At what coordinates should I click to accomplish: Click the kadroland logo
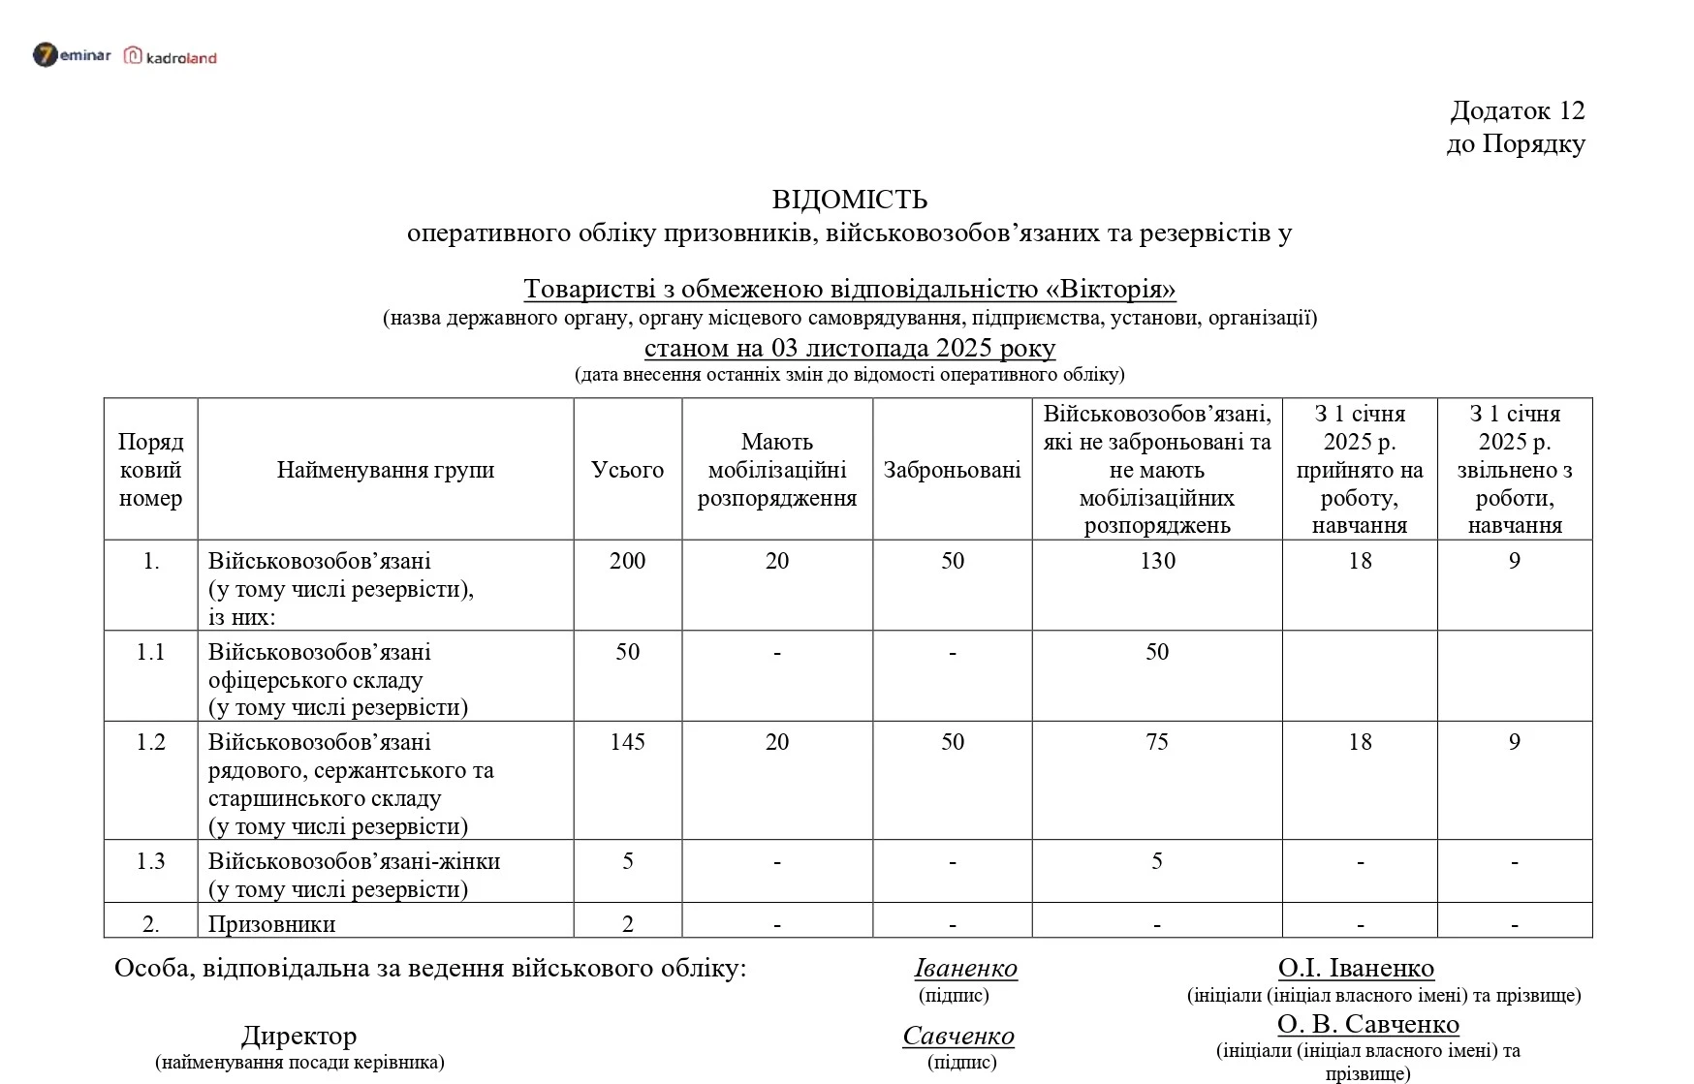(171, 57)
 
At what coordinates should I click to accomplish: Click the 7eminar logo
(72, 55)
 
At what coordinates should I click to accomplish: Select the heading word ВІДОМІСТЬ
(849, 200)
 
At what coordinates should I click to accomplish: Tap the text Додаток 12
(1517, 110)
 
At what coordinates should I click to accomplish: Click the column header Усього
(627, 470)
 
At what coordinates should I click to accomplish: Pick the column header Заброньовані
(952, 470)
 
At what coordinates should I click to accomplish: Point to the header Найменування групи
(385, 470)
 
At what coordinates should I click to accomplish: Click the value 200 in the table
(627, 561)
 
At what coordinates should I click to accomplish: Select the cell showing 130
(1156, 561)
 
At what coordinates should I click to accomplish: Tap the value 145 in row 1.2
(627, 742)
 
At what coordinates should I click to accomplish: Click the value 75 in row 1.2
(1156, 742)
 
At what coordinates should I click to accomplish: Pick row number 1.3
(150, 861)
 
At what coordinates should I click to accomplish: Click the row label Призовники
(271, 923)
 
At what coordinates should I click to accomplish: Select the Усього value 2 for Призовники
(627, 923)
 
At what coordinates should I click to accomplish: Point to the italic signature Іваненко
(965, 968)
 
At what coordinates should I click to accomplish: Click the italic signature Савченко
(957, 1036)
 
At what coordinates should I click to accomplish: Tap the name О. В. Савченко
(1367, 1024)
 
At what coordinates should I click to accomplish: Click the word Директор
(298, 1036)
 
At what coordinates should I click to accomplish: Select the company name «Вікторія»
(1111, 289)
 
